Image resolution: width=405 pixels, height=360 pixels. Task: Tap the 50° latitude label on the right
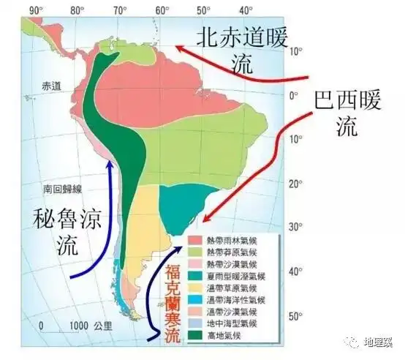point(294,316)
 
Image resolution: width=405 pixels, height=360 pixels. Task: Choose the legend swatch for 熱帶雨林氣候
point(196,239)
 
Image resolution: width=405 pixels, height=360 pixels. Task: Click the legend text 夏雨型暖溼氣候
point(239,276)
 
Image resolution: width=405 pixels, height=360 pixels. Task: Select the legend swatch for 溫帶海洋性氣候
point(196,300)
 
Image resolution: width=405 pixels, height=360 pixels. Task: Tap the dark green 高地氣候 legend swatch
point(196,337)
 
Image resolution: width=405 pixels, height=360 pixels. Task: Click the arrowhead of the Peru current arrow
point(110,162)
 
